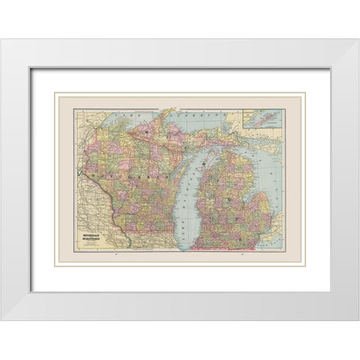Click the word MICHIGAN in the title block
[x=92, y=213]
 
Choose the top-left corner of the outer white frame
[x=2, y=40]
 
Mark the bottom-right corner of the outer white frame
[x=358, y=320]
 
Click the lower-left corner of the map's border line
[x=73, y=253]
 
